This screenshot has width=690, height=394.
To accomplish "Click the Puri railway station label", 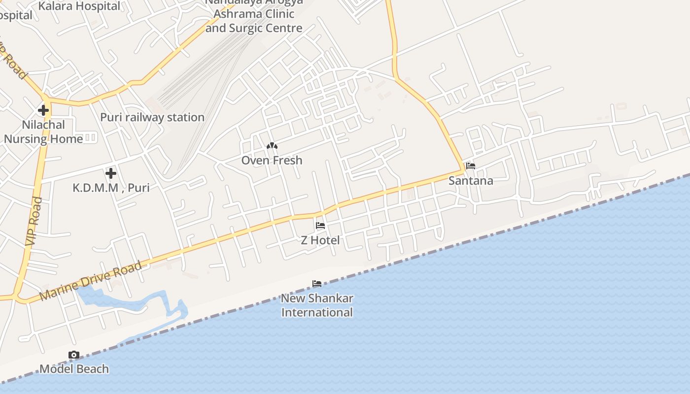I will point(152,117).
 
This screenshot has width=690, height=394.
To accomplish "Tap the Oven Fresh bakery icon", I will point(272,146).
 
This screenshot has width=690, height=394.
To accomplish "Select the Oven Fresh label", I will point(272,160).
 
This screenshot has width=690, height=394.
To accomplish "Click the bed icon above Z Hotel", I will point(320,226).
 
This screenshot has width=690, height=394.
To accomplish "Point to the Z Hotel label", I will point(320,240).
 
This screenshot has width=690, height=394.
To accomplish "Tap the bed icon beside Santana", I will point(471,166).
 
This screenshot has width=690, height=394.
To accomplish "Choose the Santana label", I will point(471,180).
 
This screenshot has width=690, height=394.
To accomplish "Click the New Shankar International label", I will point(317,305).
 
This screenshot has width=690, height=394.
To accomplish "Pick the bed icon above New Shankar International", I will point(317,284).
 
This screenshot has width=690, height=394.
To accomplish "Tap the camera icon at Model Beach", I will point(74,355).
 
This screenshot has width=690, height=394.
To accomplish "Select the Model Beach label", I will point(74,369).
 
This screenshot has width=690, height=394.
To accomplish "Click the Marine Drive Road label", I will point(91,281).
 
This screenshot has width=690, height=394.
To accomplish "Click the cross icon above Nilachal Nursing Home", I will point(43,110).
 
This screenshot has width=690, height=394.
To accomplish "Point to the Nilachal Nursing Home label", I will point(43,131).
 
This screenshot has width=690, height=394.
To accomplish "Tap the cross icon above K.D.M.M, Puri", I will point(111,173).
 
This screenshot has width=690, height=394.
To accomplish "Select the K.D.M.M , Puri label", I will point(111,188).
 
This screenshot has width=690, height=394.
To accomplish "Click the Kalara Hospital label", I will point(79,6).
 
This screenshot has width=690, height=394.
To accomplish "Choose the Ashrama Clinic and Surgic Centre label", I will point(254,21).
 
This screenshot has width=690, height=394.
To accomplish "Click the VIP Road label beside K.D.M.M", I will point(33,221).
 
